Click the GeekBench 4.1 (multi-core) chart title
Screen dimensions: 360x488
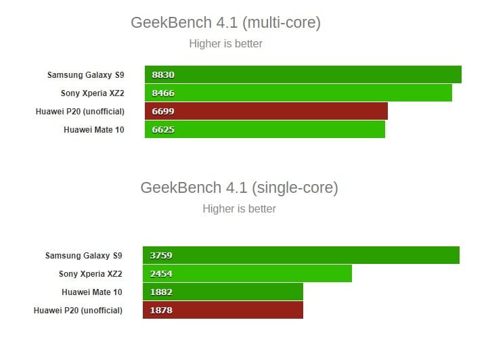[225, 23]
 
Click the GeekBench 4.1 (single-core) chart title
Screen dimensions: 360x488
[239, 187]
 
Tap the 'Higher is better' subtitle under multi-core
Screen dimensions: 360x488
[225, 44]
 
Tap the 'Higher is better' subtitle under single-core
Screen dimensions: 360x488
[239, 208]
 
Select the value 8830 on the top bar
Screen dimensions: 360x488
[164, 75]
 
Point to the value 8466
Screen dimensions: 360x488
[164, 93]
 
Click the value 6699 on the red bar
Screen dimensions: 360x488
[164, 111]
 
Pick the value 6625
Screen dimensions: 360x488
[164, 129]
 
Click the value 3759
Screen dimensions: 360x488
[162, 256]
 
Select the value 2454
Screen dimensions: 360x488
[162, 274]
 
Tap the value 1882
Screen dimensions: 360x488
[162, 292]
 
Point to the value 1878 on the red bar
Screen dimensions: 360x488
[162, 310]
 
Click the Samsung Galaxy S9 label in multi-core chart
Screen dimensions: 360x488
[85, 74]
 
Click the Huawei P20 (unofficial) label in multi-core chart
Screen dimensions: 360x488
[80, 111]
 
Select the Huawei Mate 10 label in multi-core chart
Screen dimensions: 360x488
[94, 129]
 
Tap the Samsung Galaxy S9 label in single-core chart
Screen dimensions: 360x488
[83, 256]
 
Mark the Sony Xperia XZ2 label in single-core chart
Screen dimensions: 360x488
[90, 274]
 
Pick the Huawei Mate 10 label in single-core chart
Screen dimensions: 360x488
[92, 292]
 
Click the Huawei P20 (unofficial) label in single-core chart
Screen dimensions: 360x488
[78, 310]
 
